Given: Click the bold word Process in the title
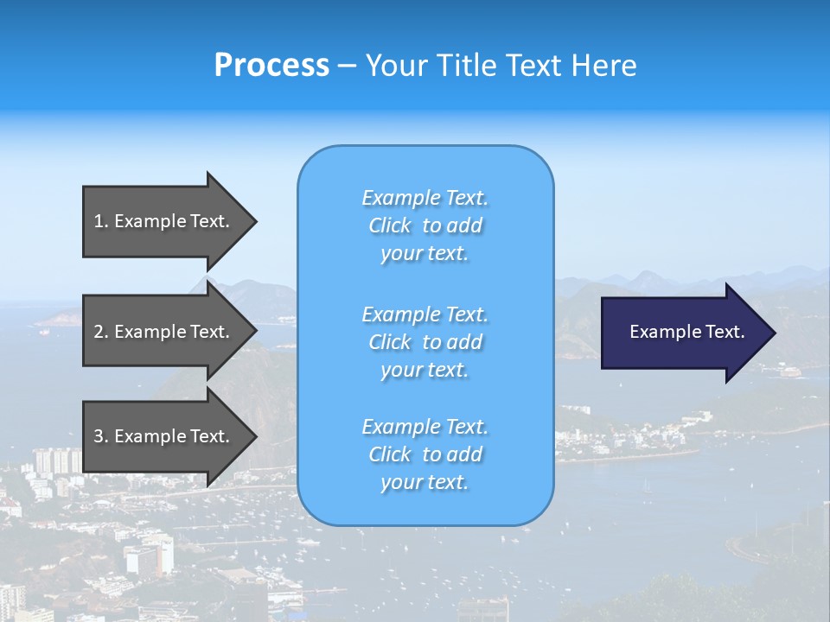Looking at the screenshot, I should click(x=271, y=66).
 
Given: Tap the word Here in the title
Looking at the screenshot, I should click(x=603, y=66).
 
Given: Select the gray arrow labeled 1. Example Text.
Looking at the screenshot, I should click(x=164, y=221).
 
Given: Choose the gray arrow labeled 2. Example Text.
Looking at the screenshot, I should click(x=164, y=332).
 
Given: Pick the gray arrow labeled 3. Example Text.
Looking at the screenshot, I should click(x=164, y=436).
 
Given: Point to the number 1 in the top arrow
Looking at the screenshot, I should click(x=99, y=221).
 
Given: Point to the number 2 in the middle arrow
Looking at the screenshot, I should click(x=99, y=332).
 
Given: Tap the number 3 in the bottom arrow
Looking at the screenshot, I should click(x=99, y=436).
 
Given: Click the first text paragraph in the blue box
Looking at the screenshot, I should click(x=425, y=225).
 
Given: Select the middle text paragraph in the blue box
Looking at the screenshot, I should click(x=425, y=341).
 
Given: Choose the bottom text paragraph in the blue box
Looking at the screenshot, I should click(x=425, y=454).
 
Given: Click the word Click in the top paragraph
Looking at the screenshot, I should click(x=390, y=225).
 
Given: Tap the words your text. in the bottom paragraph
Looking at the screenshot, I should click(x=425, y=482).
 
